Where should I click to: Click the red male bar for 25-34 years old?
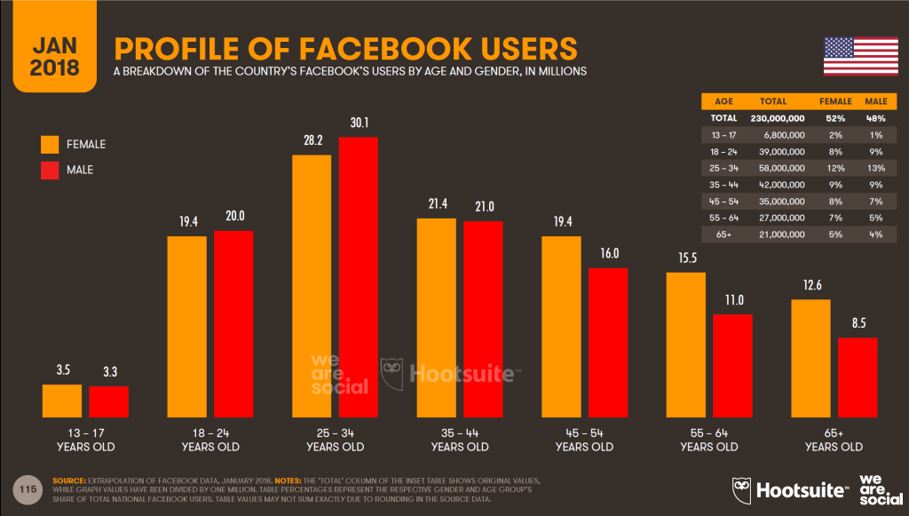(357, 277)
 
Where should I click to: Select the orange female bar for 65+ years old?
(810, 359)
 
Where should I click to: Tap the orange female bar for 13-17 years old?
(61, 401)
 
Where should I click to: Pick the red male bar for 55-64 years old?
(732, 366)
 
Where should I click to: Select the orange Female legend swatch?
(51, 145)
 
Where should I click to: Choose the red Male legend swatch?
(51, 169)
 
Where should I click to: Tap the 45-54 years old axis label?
(584, 441)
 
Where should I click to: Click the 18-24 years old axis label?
(209, 441)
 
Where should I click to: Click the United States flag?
(860, 56)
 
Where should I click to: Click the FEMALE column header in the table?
(834, 101)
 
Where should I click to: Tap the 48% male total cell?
(875, 117)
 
